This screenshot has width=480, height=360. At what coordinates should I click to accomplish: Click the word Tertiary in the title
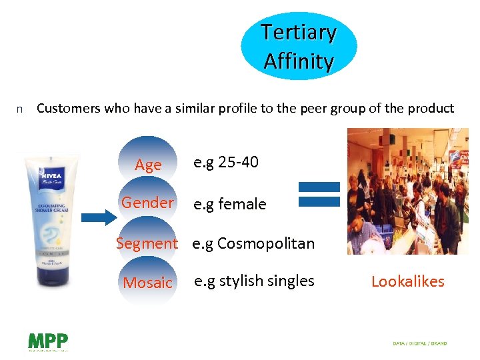point(299,32)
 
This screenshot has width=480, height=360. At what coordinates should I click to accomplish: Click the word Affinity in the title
point(299,61)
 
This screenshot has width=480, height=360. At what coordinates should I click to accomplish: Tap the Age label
point(148,165)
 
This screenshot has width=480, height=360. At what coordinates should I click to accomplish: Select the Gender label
point(147,203)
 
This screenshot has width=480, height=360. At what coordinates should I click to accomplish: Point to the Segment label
point(147,243)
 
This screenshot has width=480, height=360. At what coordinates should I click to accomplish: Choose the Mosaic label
point(147,283)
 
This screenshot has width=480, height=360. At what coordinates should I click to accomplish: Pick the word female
point(239,204)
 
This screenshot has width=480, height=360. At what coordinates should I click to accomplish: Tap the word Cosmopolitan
point(265,243)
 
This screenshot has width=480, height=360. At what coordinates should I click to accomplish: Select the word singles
point(290,281)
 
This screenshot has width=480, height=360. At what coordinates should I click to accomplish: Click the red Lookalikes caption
point(407,281)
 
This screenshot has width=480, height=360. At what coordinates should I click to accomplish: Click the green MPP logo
point(47,341)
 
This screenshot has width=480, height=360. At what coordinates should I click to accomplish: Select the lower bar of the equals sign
point(319,201)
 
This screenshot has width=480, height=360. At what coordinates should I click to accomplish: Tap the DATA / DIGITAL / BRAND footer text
point(420,343)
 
